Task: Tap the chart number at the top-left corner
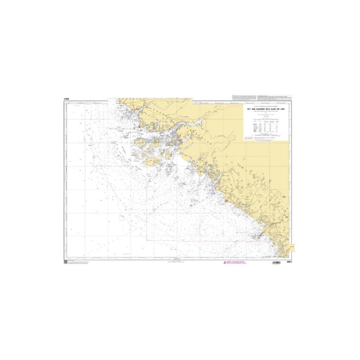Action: [67, 99]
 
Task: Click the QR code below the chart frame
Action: [66, 262]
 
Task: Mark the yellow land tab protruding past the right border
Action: [292, 247]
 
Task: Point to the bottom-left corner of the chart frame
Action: [64, 259]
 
